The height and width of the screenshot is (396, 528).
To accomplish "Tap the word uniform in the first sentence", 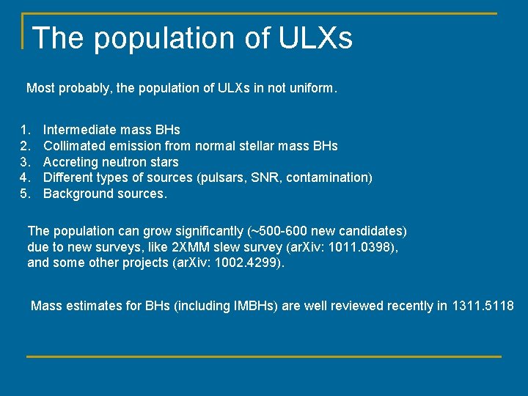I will [310, 88].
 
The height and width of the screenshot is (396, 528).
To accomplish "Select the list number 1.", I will [26, 130].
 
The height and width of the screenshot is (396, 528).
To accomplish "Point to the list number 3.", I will [26, 162].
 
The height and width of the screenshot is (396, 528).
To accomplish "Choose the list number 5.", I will [26, 194].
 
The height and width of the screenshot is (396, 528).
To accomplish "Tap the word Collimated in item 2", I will [75, 146].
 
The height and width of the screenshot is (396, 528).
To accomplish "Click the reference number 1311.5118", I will [483, 306].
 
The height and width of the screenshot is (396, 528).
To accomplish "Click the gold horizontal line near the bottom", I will [264, 356].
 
